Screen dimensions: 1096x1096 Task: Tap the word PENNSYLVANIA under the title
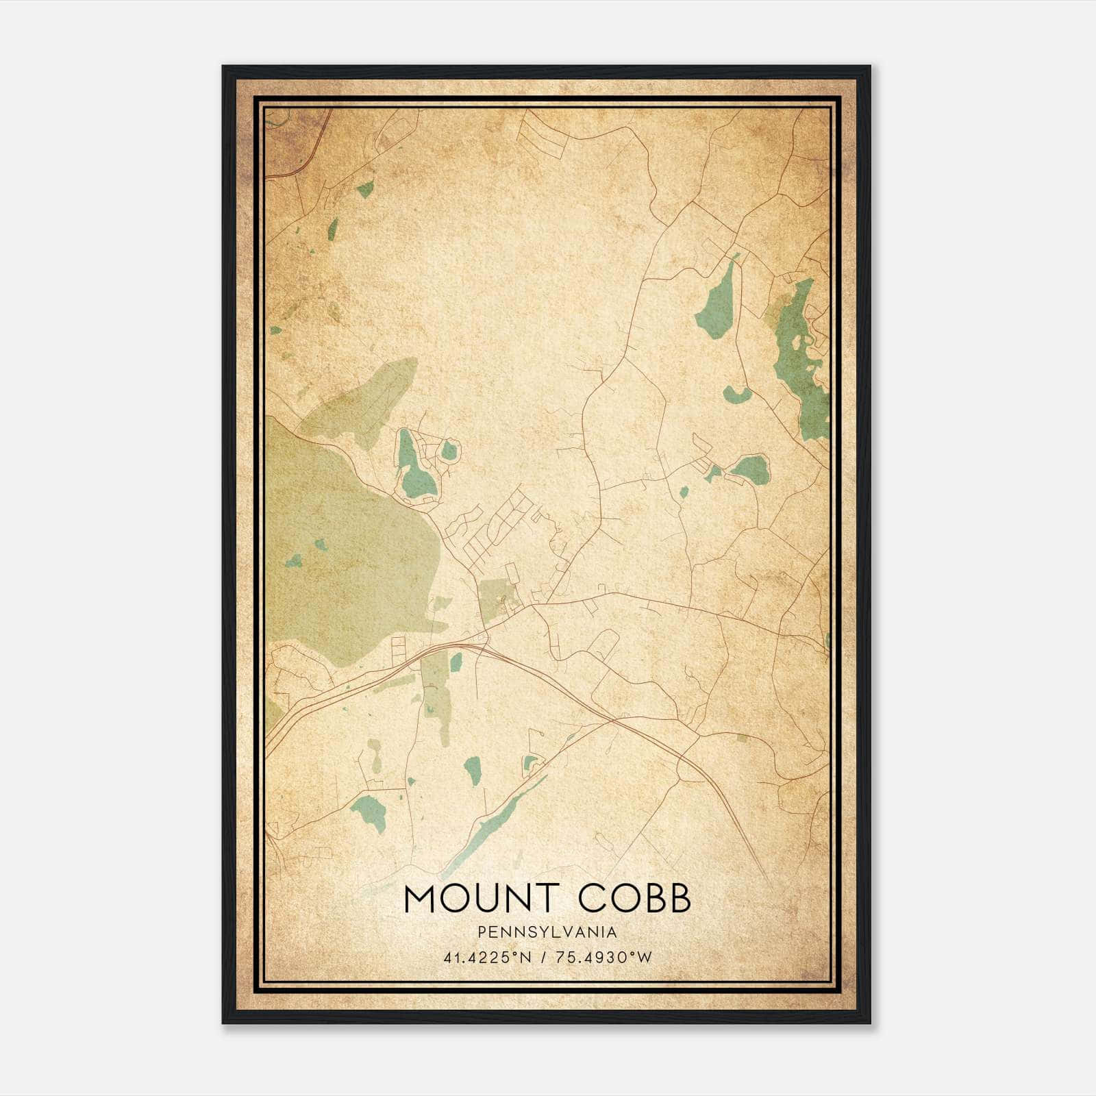point(547,932)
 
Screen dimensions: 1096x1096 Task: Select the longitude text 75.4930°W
point(603,958)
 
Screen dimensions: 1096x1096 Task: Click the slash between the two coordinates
point(543,958)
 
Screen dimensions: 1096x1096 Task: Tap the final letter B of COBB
point(679,899)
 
